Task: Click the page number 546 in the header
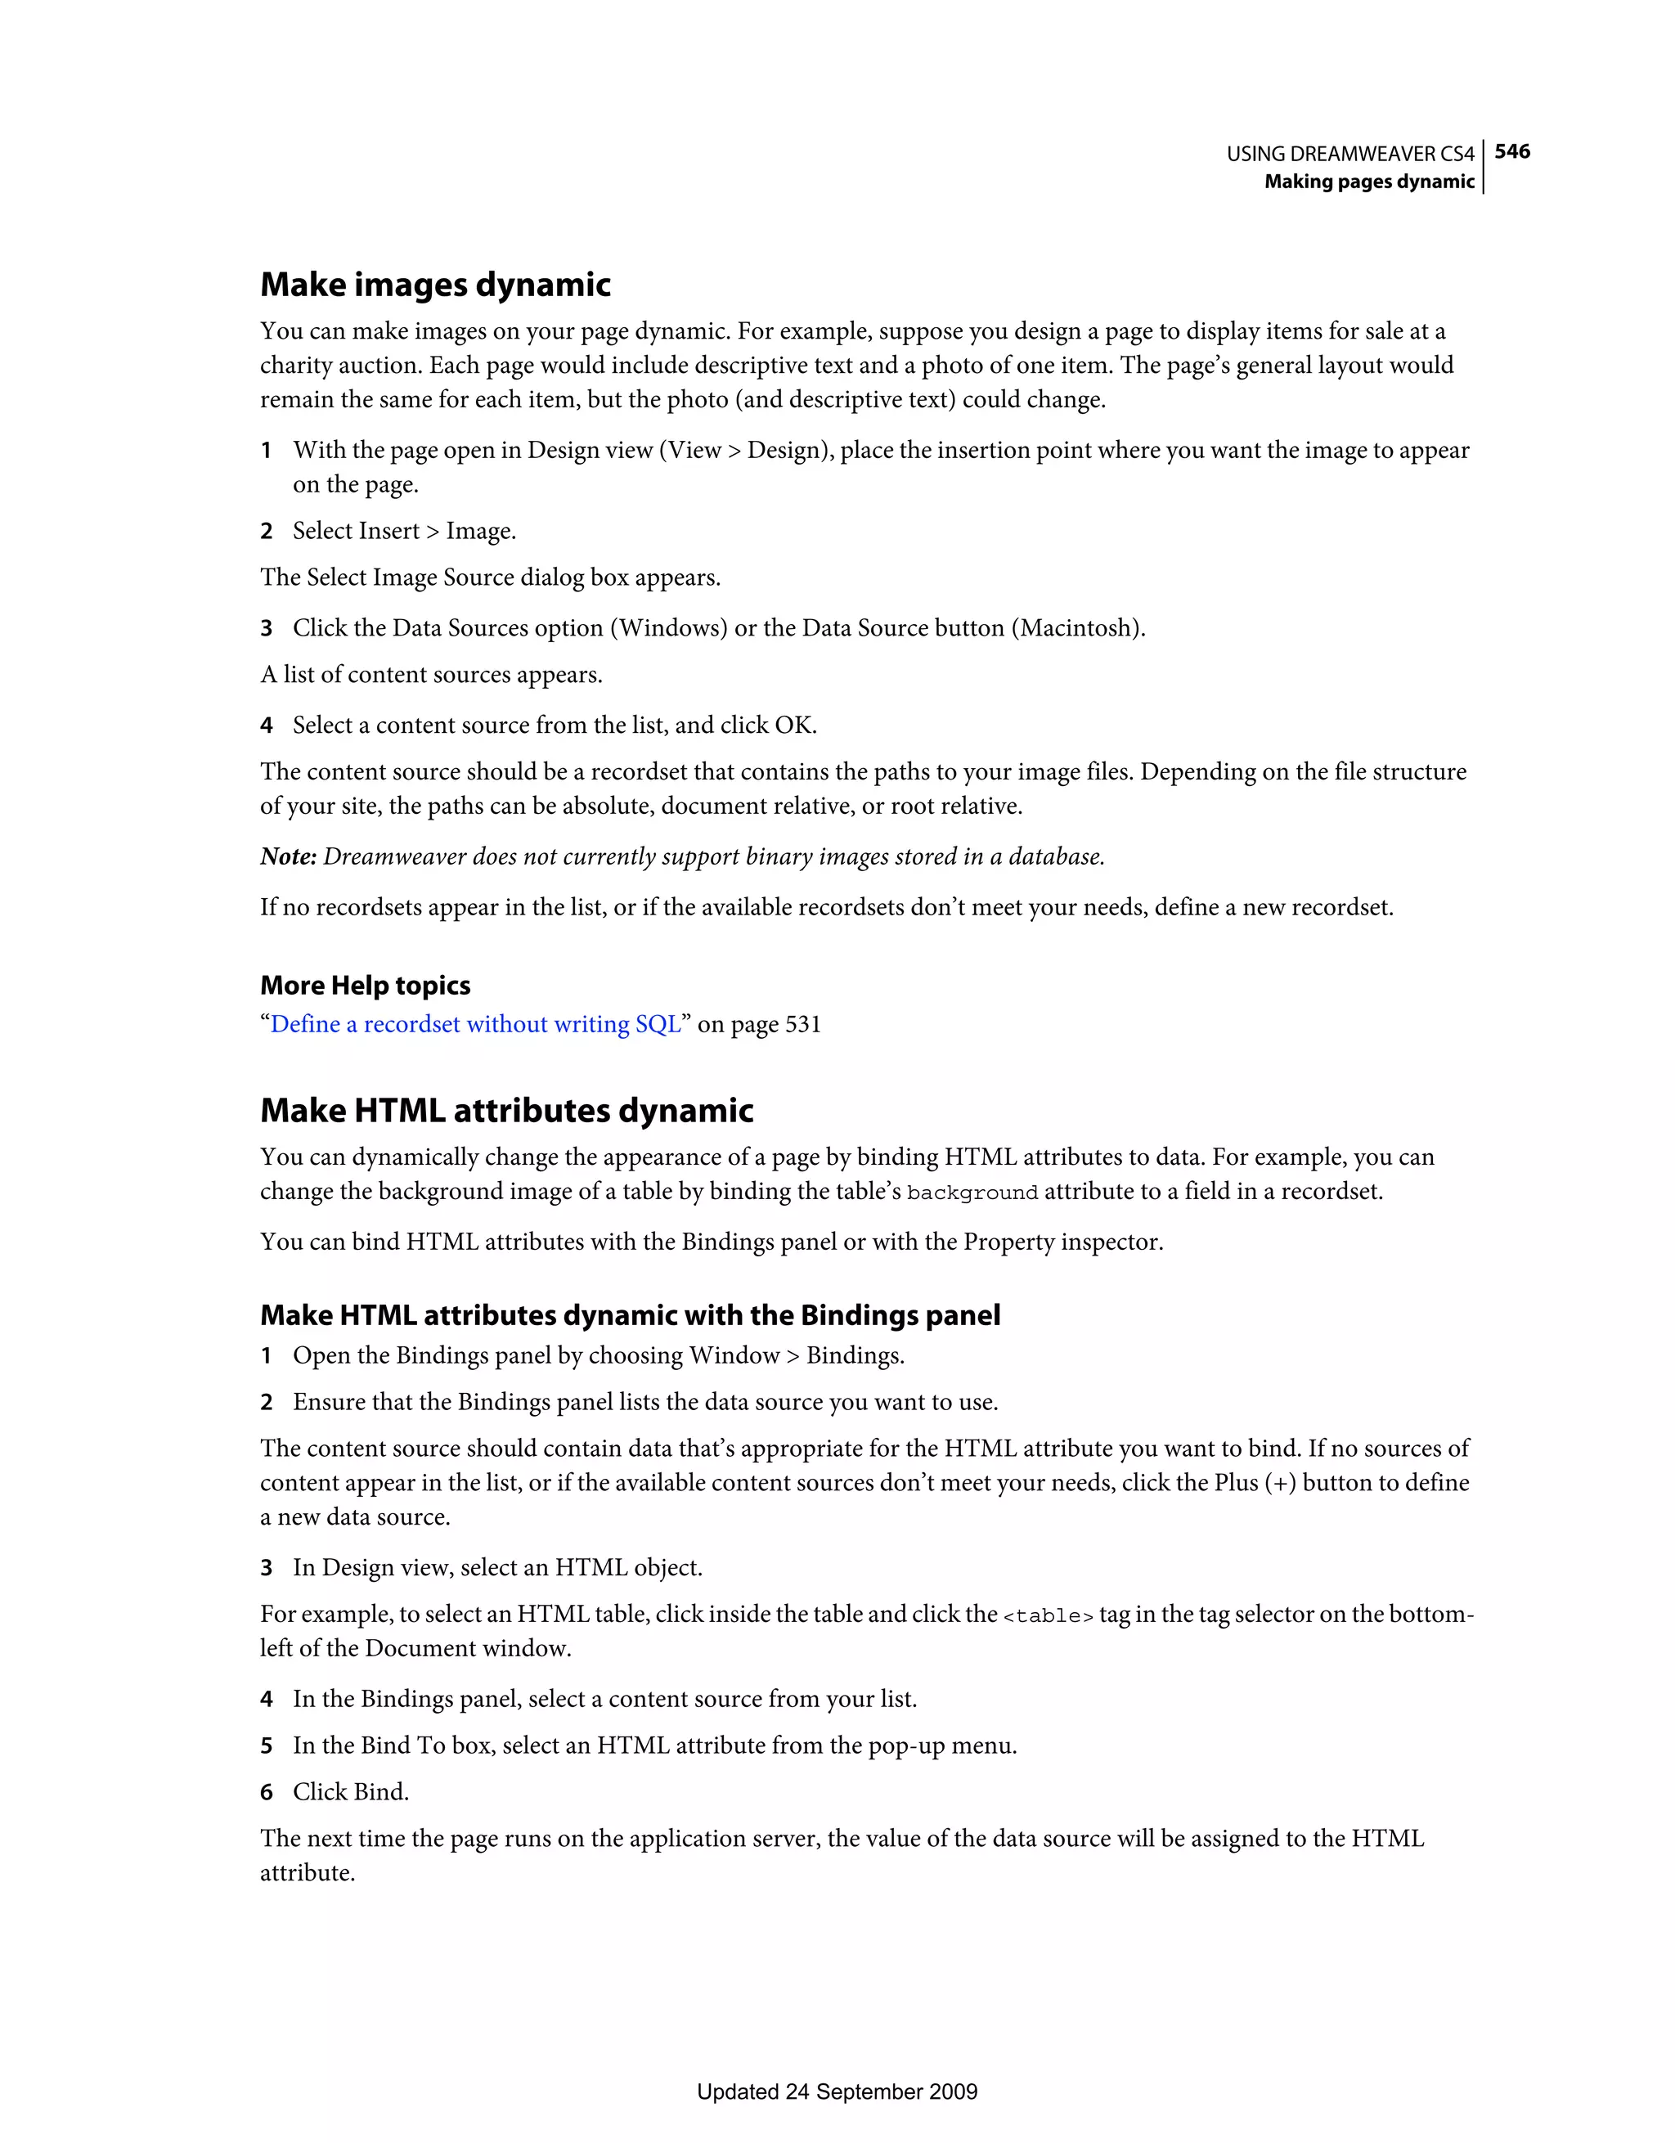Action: pyautogui.click(x=1512, y=151)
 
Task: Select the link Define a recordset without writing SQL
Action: pyautogui.click(x=475, y=1023)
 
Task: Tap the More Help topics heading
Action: pyautogui.click(x=365, y=985)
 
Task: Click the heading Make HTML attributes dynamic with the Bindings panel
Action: pyautogui.click(x=630, y=1315)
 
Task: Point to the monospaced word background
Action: pyautogui.click(x=972, y=1193)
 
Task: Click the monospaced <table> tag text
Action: pyautogui.click(x=1047, y=1616)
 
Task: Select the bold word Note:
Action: pyautogui.click(x=289, y=856)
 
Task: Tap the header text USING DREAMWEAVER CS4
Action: pyautogui.click(x=1350, y=154)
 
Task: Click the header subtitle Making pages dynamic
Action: pyautogui.click(x=1369, y=182)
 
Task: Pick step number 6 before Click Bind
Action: pyautogui.click(x=266, y=1792)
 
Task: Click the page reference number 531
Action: pyautogui.click(x=802, y=1023)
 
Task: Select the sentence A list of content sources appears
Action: pyautogui.click(x=431, y=675)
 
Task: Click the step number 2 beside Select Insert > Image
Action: pyautogui.click(x=266, y=531)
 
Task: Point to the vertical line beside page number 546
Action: pyautogui.click(x=1483, y=167)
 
